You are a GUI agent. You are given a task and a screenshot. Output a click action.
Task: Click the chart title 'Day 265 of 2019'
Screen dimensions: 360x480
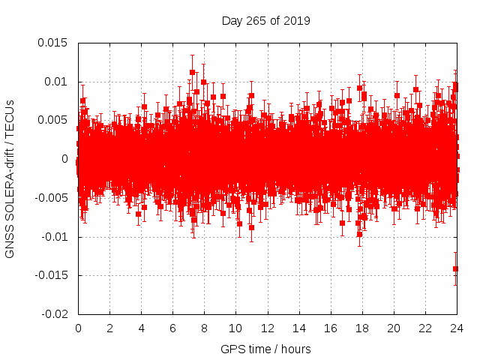[266, 20]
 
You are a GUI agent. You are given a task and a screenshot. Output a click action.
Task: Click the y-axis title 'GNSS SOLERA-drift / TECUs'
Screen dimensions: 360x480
[10, 178]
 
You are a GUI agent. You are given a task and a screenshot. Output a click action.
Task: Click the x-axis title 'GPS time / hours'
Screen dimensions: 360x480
[265, 349]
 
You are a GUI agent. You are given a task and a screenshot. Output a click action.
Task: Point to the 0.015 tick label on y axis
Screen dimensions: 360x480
[52, 43]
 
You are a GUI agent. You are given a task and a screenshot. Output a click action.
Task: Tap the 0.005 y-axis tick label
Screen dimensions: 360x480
[52, 120]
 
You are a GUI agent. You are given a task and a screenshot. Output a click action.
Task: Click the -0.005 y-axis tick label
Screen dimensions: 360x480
[50, 198]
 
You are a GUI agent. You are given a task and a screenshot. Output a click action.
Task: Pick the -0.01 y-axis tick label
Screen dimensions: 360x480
[53, 237]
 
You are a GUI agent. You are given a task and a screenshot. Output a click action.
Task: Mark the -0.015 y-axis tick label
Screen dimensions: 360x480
[50, 275]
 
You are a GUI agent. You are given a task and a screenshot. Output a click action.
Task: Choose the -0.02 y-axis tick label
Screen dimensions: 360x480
[53, 314]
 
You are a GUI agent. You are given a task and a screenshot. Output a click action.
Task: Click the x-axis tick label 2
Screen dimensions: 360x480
[109, 328]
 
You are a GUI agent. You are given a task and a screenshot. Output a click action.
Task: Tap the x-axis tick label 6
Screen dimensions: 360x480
[172, 328]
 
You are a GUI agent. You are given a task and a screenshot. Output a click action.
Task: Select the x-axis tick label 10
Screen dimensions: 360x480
[235, 328]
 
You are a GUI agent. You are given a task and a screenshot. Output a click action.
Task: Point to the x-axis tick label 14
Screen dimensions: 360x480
[298, 328]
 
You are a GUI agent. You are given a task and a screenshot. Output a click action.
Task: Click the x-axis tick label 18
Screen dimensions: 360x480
[361, 328]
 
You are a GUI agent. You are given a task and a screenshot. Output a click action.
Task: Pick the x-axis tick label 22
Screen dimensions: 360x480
[425, 328]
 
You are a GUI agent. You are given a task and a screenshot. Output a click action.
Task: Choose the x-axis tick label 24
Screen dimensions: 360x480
[457, 328]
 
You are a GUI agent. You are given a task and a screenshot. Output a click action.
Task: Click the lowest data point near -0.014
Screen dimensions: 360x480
[455, 268]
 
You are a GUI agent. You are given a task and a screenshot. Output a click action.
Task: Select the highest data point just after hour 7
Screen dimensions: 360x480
[193, 72]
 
